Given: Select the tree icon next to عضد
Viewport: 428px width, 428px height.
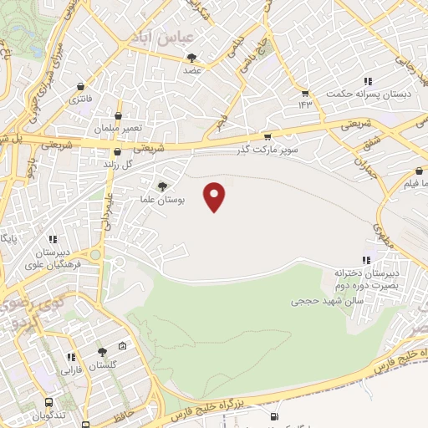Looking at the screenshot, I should pos(193,58).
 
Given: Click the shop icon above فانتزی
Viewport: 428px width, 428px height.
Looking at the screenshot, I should pos(80,86).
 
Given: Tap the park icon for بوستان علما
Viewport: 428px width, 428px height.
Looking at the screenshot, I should pos(161,186).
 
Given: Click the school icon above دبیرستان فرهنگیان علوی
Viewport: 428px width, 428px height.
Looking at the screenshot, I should pos(52,239).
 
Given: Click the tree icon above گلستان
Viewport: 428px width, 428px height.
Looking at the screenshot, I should pos(103,353).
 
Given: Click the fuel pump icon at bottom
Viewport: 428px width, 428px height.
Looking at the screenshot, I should pos(273,416).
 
